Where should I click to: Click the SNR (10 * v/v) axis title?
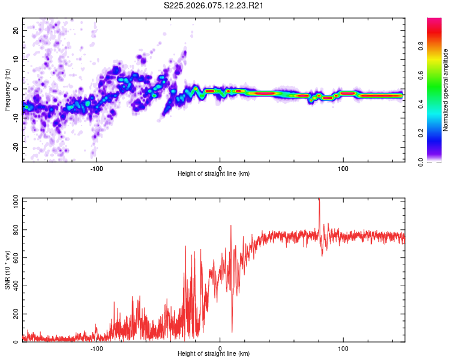click(7, 271)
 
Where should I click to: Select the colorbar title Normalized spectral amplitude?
click(445, 91)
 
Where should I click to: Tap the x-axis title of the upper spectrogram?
click(214, 174)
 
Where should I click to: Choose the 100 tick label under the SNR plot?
click(343, 347)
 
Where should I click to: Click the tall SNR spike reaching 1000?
click(319, 201)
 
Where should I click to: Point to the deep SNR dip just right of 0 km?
click(232, 330)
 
